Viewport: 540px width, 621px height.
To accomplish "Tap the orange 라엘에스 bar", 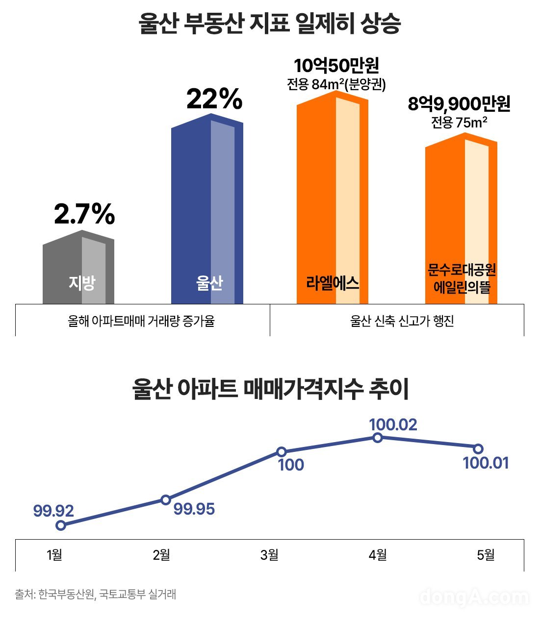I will coord(333,201).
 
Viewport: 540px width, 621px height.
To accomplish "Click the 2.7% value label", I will coord(84,215).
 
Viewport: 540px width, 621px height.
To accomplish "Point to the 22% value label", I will coord(214,100).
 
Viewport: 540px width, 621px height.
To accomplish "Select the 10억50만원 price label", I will coord(336,66).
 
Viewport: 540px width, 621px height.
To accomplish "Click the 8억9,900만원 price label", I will coord(459,104).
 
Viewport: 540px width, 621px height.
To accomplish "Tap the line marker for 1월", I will coord(61,525).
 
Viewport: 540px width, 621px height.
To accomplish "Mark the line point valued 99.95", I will coord(166,499).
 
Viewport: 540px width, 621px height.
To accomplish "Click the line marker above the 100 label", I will coord(282,451).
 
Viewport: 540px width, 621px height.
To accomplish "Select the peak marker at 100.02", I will coord(377,438).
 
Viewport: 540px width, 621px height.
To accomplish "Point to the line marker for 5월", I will coord(478,448).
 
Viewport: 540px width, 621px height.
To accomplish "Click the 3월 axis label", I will coord(269,555).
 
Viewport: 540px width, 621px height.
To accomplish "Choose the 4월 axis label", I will coord(378,555).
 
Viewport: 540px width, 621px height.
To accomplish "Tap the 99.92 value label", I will coord(53,511).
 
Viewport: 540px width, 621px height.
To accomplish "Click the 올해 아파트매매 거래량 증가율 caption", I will coord(141,321).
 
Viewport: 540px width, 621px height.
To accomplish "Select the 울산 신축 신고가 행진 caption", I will coord(402,321).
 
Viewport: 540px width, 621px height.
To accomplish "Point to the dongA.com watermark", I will coord(474,596).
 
